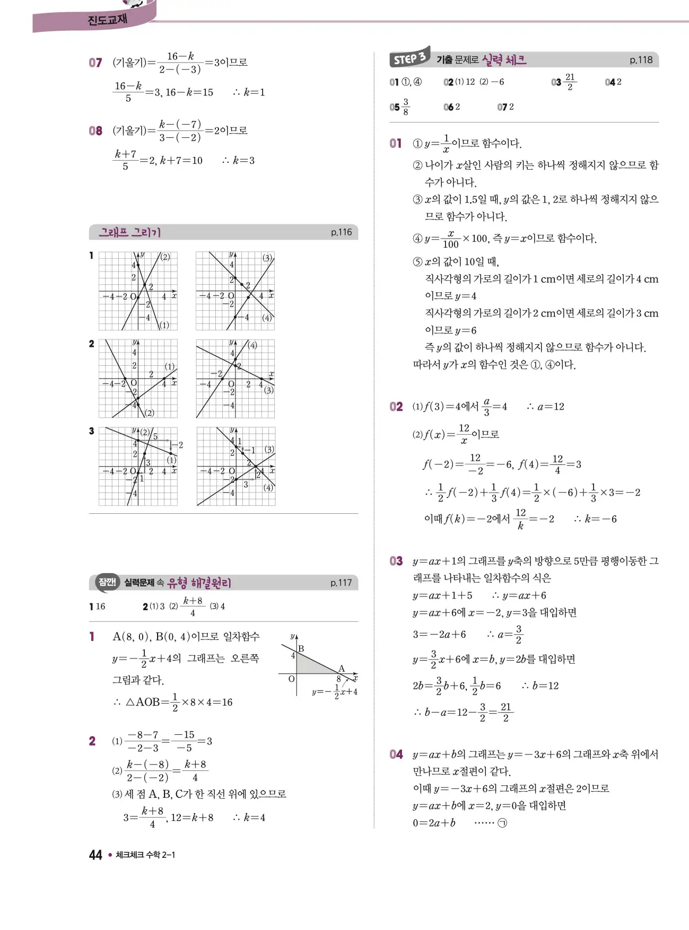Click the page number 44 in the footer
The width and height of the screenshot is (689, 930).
95,855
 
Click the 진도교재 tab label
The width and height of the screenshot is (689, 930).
107,20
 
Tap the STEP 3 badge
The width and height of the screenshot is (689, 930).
409,58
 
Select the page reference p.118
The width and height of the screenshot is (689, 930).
641,60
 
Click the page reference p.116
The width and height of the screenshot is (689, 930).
341,232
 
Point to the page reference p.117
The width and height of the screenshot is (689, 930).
341,583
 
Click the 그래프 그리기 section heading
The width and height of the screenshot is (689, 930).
130,232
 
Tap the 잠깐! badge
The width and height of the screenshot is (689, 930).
107,582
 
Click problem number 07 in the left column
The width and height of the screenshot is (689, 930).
95,63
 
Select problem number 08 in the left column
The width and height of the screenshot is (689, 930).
95,130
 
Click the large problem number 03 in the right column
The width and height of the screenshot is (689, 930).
396,561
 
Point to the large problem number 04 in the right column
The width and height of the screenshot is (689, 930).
396,754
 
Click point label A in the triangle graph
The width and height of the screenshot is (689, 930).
342,668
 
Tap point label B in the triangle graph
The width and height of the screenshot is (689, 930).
301,648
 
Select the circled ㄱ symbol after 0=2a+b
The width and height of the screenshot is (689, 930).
502,823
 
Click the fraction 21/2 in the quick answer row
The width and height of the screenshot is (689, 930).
570,82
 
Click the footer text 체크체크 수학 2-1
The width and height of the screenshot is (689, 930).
145,855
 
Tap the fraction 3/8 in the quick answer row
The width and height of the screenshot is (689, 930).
406,107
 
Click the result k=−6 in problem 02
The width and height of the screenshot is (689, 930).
600,519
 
